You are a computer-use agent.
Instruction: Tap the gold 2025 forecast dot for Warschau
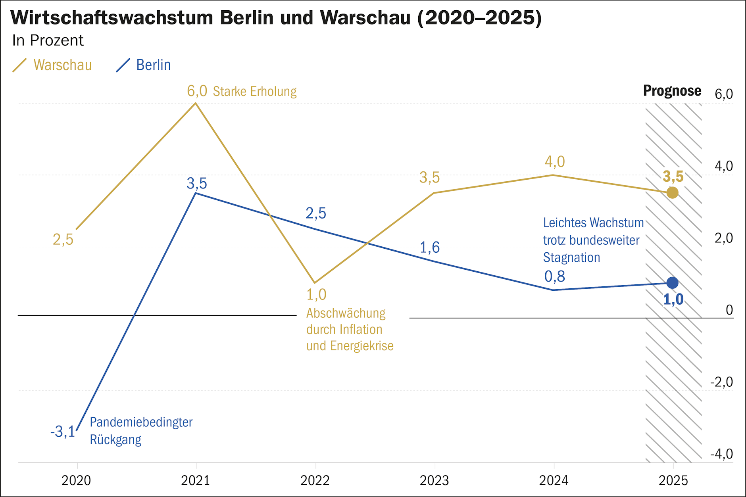pos(672,193)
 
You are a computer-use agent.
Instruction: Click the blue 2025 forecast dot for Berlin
pos(672,283)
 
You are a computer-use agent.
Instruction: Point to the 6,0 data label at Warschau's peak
pos(197,91)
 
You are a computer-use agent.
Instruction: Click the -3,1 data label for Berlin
pos(63,432)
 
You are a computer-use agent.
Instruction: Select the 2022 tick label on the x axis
pos(315,481)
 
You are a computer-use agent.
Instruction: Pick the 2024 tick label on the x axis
pos(554,481)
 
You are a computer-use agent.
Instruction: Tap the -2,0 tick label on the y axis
pos(721,382)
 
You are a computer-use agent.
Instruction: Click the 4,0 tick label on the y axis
pos(723,166)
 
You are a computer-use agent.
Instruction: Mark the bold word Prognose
pos(672,91)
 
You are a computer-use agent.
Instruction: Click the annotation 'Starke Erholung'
pos(255,92)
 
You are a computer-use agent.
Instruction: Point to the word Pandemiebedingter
pos(141,422)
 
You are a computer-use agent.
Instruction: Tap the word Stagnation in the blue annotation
pos(571,258)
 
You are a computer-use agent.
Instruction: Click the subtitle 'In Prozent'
pos(48,40)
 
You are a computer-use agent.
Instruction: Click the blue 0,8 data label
pos(554,276)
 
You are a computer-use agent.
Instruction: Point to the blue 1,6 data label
pos(430,248)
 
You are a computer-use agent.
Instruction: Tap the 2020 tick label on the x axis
pos(76,481)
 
